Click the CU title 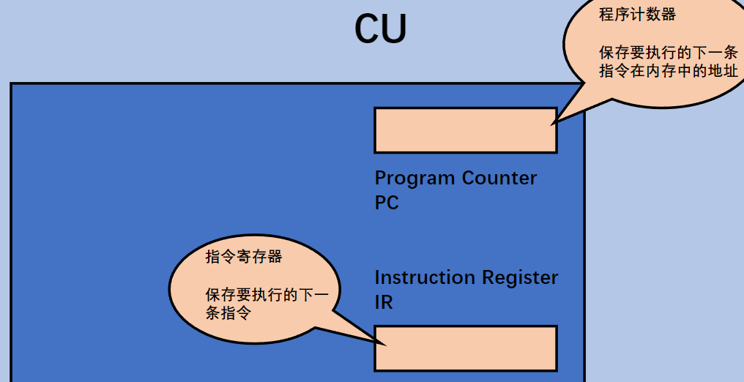pyautogui.click(x=380, y=29)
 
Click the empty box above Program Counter pyautogui.click(x=465, y=130)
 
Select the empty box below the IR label pyautogui.click(x=465, y=348)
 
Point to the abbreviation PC pyautogui.click(x=387, y=202)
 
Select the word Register pyautogui.click(x=520, y=278)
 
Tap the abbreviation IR pyautogui.click(x=384, y=302)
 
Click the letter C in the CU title pyautogui.click(x=368, y=29)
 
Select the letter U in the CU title pyautogui.click(x=394, y=29)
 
